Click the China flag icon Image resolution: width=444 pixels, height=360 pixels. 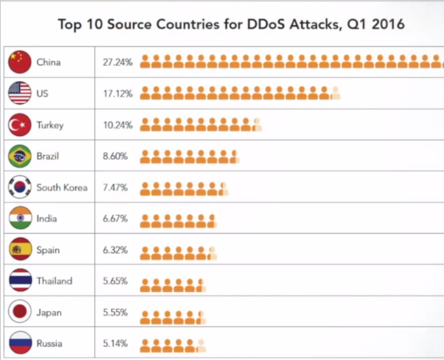(x=20, y=62)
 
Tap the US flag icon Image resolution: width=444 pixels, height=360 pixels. (x=20, y=93)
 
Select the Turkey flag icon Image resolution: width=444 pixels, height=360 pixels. (x=20, y=125)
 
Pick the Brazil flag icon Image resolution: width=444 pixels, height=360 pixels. (x=20, y=156)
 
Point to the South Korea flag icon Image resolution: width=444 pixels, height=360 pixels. (x=20, y=187)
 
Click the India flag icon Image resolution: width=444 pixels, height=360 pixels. (x=20, y=219)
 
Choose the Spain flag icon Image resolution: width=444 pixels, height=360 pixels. (x=20, y=250)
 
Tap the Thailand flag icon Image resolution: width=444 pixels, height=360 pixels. (x=20, y=281)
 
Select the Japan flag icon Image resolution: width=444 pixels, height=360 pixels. (x=20, y=312)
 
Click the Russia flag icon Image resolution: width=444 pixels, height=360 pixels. (x=20, y=343)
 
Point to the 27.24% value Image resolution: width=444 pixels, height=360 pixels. (x=118, y=62)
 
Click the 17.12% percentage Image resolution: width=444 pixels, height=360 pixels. (x=118, y=93)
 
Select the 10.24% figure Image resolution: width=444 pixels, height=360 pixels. (x=118, y=125)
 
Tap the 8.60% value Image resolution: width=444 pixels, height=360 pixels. (x=115, y=156)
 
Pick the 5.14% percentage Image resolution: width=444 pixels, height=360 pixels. (x=115, y=344)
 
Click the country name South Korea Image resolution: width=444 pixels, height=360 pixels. (x=62, y=187)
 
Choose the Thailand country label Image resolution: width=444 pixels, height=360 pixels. (x=54, y=281)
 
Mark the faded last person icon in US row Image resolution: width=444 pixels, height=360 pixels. (x=335, y=93)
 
